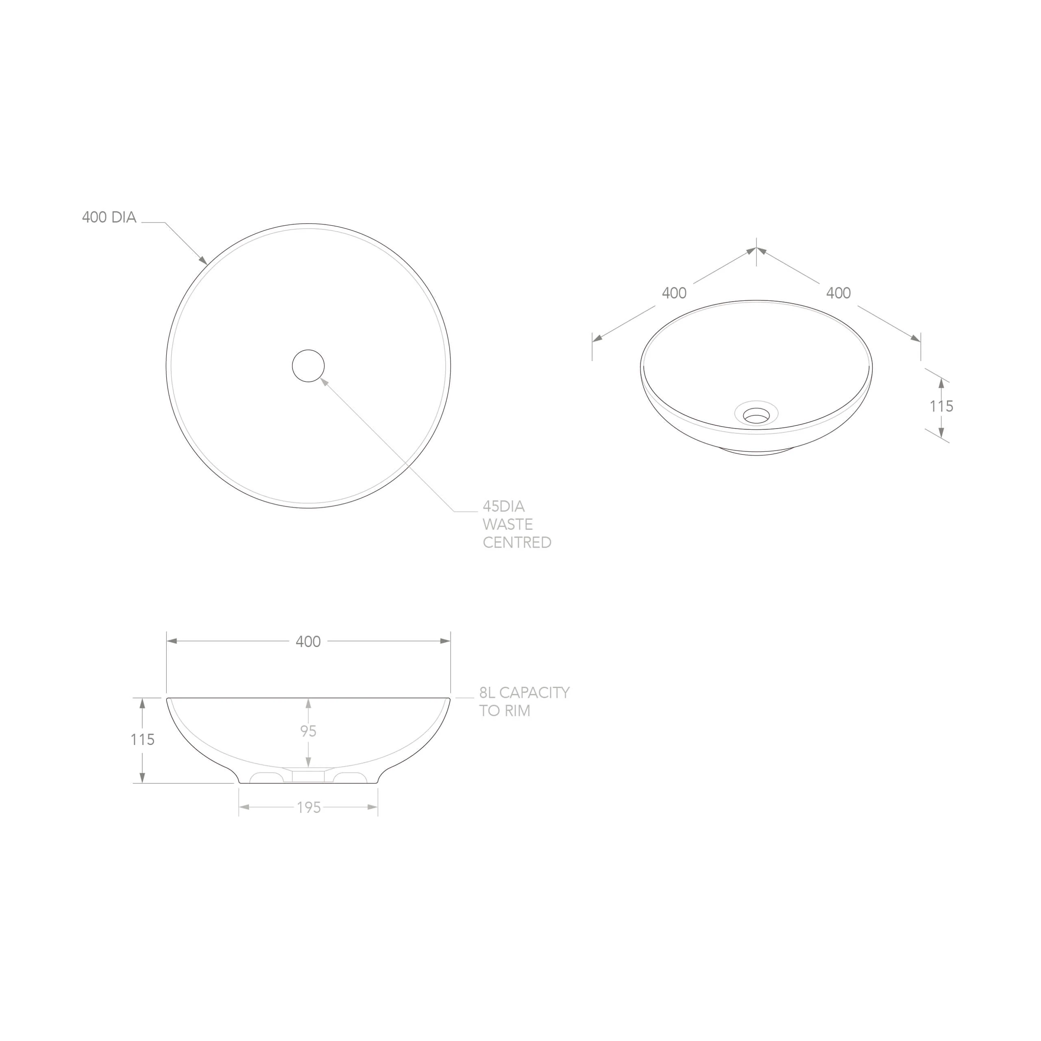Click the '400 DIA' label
(109, 217)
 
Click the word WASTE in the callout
(507, 524)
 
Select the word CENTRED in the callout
(517, 542)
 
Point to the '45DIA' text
(503, 507)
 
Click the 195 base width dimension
(309, 808)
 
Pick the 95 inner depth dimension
(308, 731)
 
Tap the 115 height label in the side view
(142, 740)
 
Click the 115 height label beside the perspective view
(941, 406)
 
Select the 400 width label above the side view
(308, 642)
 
